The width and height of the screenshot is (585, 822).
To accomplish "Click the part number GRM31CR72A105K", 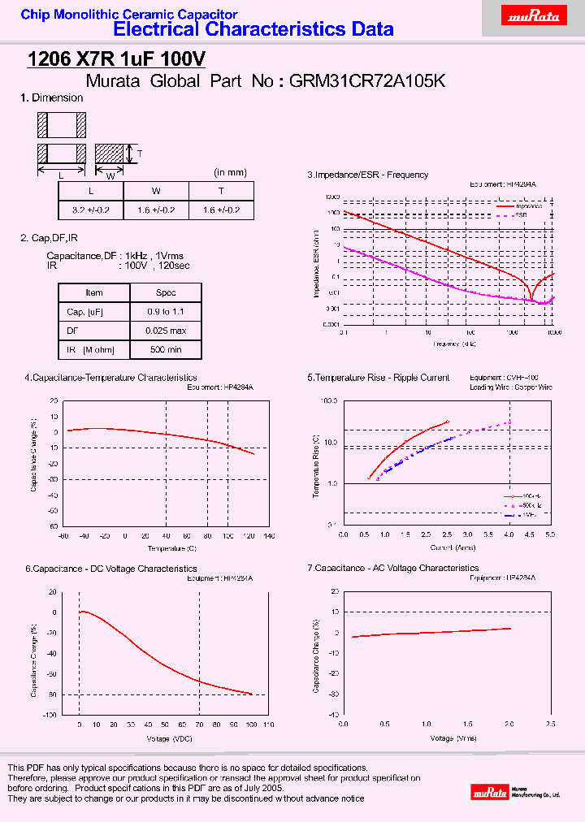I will tap(366, 80).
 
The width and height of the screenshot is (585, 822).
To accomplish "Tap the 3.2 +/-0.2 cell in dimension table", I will tap(90, 210).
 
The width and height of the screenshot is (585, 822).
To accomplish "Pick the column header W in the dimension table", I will tap(156, 191).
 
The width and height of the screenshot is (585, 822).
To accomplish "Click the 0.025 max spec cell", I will tap(166, 331).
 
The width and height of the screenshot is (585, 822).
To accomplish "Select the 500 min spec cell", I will tap(166, 350).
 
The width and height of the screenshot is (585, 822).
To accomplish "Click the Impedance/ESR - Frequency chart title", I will tap(367, 175).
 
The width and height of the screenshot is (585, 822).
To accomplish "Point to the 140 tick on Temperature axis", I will tap(270, 536).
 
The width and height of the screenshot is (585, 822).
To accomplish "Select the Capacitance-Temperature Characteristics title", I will tap(110, 378).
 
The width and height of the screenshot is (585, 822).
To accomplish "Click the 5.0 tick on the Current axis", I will tap(550, 535).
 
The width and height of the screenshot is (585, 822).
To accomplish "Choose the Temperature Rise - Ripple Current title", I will tap(379, 378).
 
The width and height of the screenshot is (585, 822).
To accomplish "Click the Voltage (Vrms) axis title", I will tap(447, 738).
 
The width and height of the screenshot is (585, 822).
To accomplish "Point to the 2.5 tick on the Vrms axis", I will tap(550, 724).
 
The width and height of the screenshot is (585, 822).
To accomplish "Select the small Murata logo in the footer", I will tap(491, 790).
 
